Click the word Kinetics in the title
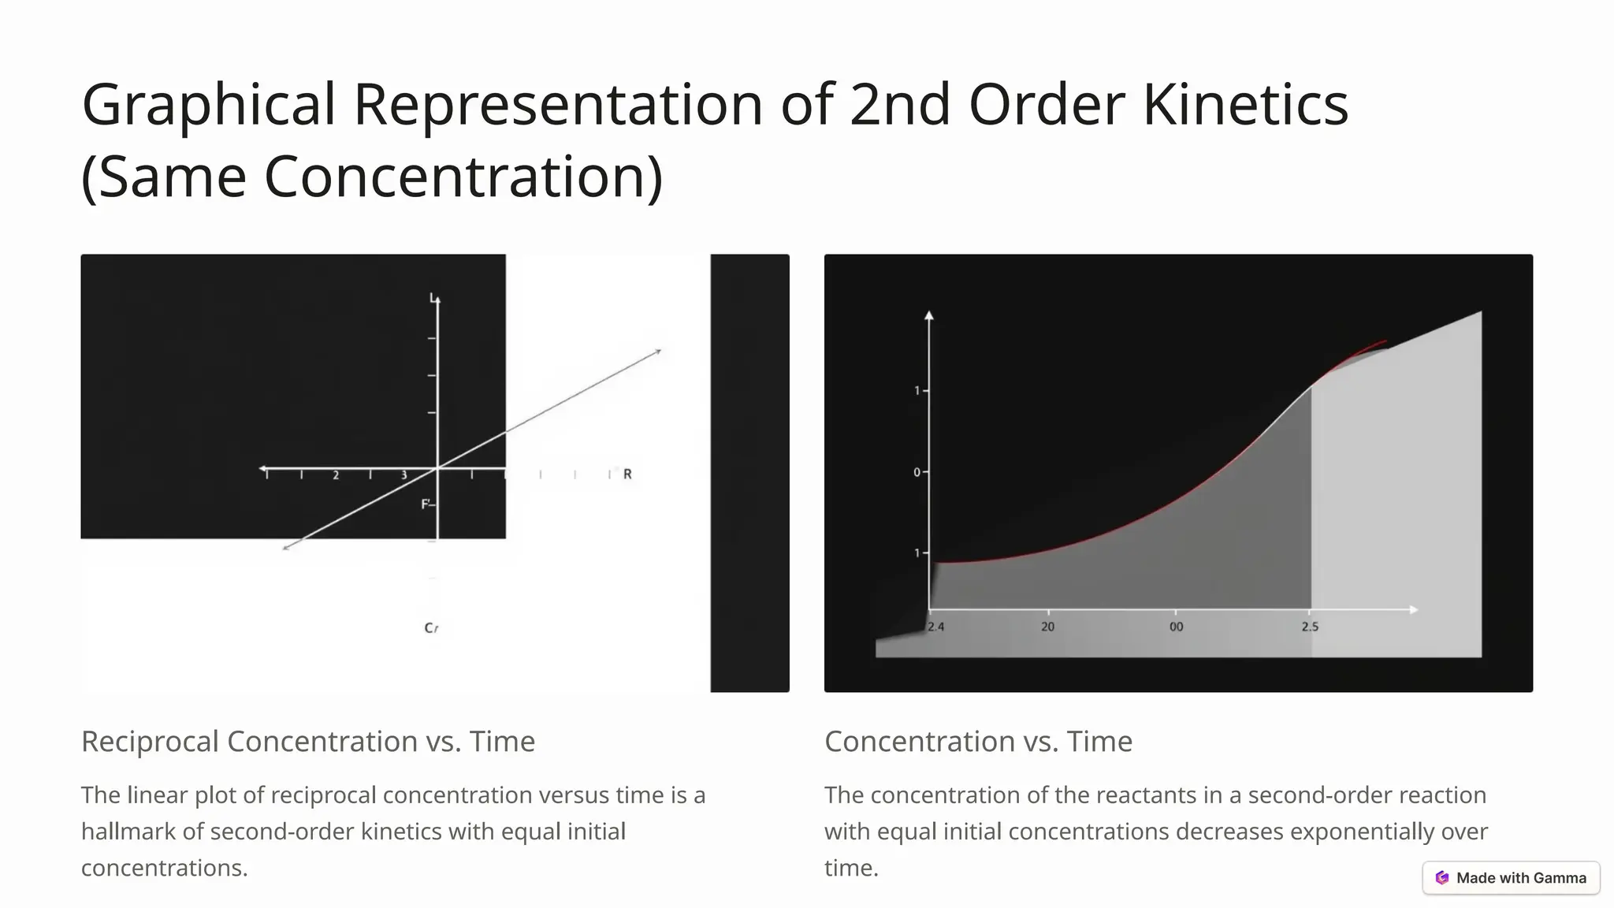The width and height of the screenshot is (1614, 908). pos(1245,105)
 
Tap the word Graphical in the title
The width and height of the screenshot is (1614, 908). pos(209,105)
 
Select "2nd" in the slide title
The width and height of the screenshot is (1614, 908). pos(899,105)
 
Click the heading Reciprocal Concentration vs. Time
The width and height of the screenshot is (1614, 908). pos(308,742)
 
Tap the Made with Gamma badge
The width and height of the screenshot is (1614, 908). pos(1511,878)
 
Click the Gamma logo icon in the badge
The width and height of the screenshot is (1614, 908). pos(1442,878)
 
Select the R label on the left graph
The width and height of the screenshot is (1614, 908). pos(627,474)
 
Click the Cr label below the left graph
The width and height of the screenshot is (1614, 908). pos(431,628)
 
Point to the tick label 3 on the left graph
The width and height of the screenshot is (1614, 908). pos(404,475)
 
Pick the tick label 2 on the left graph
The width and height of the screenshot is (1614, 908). pos(336,475)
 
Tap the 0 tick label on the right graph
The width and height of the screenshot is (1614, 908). pos(917,473)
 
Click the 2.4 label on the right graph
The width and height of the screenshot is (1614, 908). pos(935,627)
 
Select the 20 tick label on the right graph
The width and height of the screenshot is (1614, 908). pos(1047,627)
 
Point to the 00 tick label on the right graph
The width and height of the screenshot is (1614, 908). pos(1176,627)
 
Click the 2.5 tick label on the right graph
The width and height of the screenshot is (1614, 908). pos(1310,627)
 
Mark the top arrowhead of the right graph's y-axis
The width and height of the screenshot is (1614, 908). pos(929,315)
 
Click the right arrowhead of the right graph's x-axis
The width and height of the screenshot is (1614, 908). pos(1414,609)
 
